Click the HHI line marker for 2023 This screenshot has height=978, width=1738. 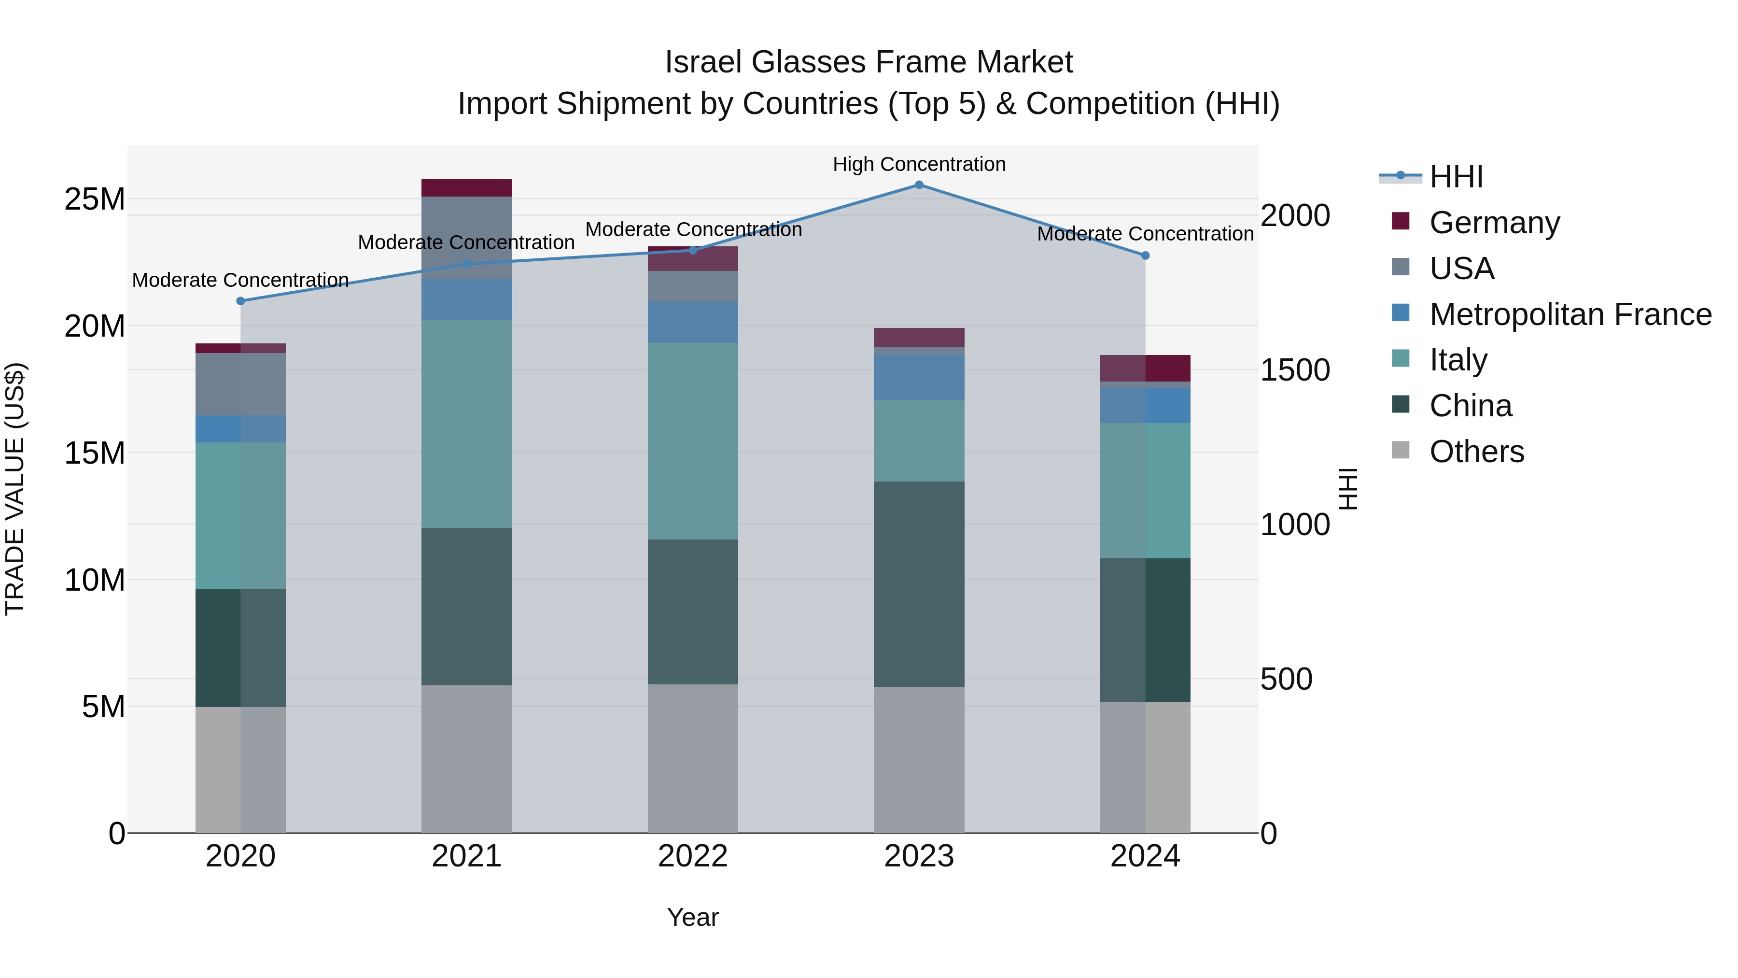pos(919,184)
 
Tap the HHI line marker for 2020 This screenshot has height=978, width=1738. pos(240,301)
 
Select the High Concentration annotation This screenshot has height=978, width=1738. pos(919,164)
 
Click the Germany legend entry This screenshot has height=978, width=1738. pos(1494,222)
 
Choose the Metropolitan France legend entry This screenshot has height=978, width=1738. pos(1570,314)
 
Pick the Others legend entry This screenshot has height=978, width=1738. pos(1476,451)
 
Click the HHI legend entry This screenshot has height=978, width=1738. pos(1456,177)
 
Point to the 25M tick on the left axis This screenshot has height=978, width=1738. pos(95,199)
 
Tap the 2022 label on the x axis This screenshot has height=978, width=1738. pos(692,856)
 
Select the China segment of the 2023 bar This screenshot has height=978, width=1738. pos(919,584)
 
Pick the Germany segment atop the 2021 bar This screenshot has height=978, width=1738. pos(466,188)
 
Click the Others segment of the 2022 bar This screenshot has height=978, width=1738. pos(692,759)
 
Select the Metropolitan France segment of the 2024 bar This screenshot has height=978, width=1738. pos(1145,405)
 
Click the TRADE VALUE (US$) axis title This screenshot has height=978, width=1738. pos(15,489)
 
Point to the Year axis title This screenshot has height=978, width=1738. pos(692,917)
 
